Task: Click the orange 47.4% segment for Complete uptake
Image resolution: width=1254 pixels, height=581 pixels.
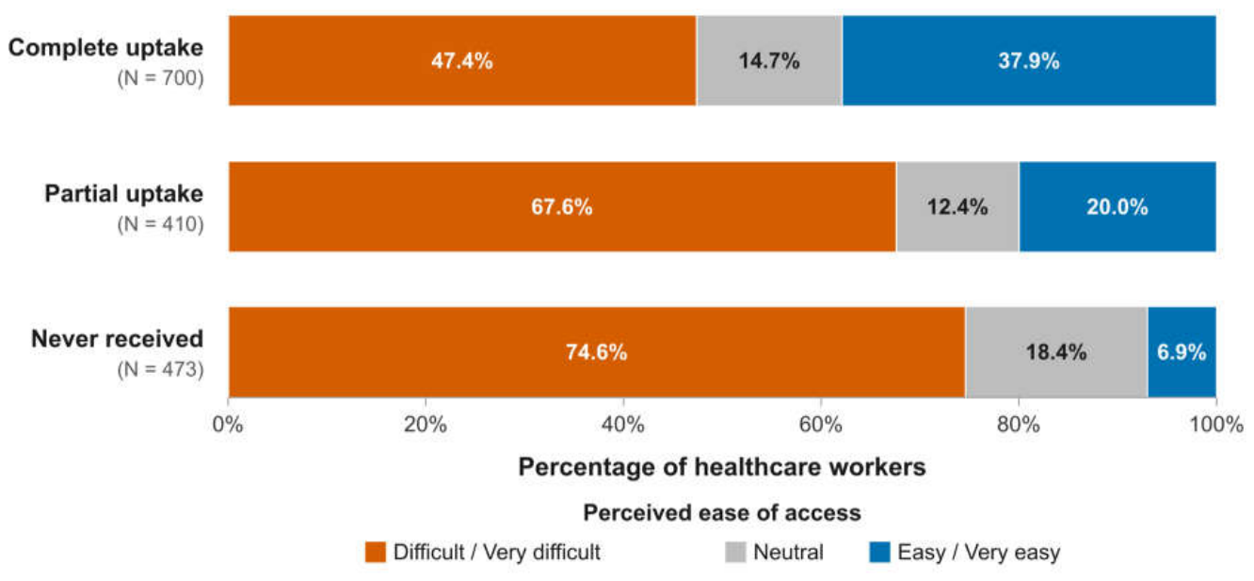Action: pyautogui.click(x=462, y=60)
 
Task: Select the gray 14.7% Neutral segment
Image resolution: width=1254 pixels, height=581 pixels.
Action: pyautogui.click(x=770, y=60)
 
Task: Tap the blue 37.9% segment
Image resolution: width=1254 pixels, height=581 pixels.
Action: pyautogui.click(x=1030, y=60)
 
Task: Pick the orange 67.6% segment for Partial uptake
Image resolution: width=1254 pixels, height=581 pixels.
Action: pyautogui.click(x=563, y=206)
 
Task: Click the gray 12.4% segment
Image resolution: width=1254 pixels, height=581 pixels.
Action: pyautogui.click(x=957, y=206)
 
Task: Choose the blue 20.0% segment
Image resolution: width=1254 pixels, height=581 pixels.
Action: pyautogui.click(x=1118, y=206)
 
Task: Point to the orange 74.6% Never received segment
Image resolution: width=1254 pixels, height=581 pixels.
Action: pyautogui.click(x=597, y=352)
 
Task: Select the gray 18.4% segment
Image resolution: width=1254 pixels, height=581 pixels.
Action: pyautogui.click(x=1057, y=352)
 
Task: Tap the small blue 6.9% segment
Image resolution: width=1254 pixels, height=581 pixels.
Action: pyautogui.click(x=1182, y=352)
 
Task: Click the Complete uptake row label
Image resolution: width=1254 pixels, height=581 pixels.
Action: pyautogui.click(x=105, y=48)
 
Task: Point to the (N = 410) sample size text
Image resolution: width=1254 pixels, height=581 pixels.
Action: pyautogui.click(x=161, y=224)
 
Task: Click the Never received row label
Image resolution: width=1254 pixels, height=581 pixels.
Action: pyautogui.click(x=117, y=339)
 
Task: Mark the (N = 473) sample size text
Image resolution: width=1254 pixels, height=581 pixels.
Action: pyautogui.click(x=161, y=369)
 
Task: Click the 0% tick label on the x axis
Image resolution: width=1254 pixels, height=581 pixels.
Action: pyautogui.click(x=228, y=425)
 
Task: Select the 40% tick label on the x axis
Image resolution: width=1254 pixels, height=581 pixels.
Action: pyautogui.click(x=623, y=425)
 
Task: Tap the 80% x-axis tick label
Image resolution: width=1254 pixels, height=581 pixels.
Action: pyautogui.click(x=1019, y=425)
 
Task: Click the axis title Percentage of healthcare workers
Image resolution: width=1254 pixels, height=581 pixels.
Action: pyautogui.click(x=722, y=467)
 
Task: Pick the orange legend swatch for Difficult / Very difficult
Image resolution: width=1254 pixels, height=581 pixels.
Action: pyautogui.click(x=376, y=552)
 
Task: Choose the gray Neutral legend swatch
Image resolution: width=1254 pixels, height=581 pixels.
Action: pyautogui.click(x=735, y=552)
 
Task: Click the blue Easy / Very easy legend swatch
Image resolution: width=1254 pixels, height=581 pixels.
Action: pyautogui.click(x=879, y=552)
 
